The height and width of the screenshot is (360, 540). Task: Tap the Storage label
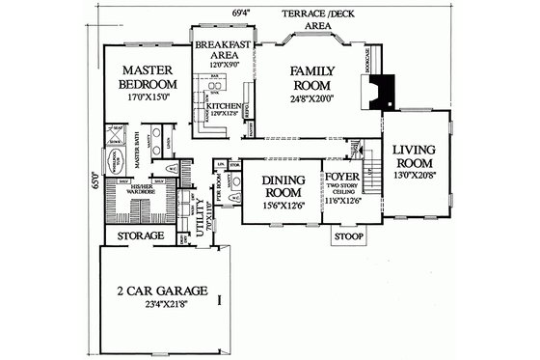[x=140, y=235]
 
